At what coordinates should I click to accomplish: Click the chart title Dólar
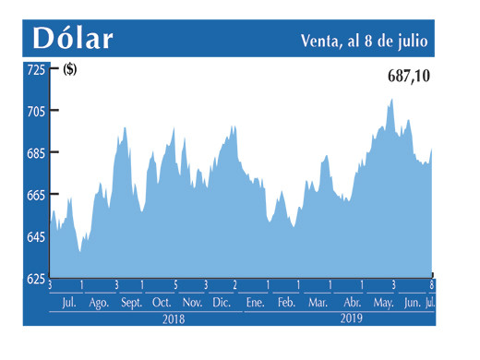click(73, 39)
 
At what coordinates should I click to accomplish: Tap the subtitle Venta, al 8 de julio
click(368, 41)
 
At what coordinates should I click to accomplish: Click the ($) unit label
click(70, 69)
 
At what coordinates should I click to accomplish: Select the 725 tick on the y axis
click(36, 69)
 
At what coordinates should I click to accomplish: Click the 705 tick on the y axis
click(36, 111)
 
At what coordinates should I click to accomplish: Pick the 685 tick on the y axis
click(36, 153)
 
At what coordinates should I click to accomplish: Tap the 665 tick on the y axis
click(36, 195)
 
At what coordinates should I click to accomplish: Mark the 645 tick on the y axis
click(36, 237)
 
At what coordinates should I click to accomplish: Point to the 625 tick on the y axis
click(36, 279)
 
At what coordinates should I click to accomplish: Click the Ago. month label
click(98, 303)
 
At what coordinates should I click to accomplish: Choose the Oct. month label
click(162, 303)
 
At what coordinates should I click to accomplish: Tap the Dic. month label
click(222, 303)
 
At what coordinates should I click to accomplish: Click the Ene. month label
click(255, 303)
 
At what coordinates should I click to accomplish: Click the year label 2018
click(173, 318)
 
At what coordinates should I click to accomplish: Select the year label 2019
click(351, 318)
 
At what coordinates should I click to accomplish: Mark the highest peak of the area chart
click(391, 99)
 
